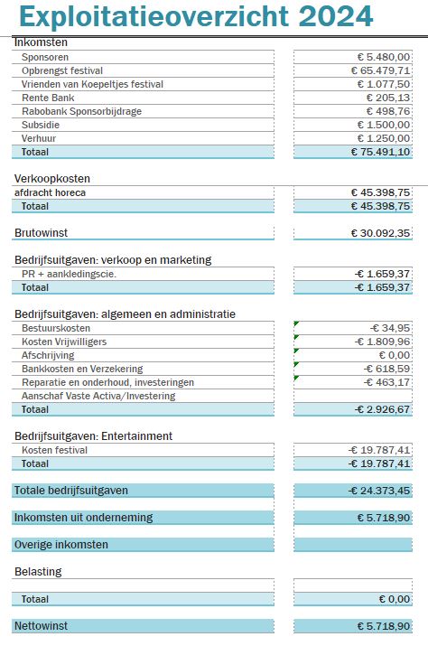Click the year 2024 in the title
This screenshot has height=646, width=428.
335,16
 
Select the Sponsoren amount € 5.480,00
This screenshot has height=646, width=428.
384,57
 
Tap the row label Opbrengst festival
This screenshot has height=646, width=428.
62,70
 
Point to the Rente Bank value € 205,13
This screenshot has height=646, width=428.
388,98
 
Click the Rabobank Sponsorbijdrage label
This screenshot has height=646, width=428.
81,111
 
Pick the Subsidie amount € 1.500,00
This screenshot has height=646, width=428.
384,125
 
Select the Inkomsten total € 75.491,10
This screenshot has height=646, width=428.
381,152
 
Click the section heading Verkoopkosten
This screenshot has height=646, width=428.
51,179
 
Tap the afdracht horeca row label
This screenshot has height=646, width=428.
50,192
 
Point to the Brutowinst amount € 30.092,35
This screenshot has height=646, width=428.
381,233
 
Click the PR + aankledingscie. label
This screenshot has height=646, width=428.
69,274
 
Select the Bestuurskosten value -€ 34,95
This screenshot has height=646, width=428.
390,328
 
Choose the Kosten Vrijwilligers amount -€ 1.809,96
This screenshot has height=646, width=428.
382,342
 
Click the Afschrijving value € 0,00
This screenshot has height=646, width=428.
395,355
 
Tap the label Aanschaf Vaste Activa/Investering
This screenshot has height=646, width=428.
98,396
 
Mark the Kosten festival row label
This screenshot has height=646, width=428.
54,450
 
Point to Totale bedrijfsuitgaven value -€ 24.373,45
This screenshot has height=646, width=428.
379,491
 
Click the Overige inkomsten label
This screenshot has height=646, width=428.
61,545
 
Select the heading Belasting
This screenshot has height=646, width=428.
38,572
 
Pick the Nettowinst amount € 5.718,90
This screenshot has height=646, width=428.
384,626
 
